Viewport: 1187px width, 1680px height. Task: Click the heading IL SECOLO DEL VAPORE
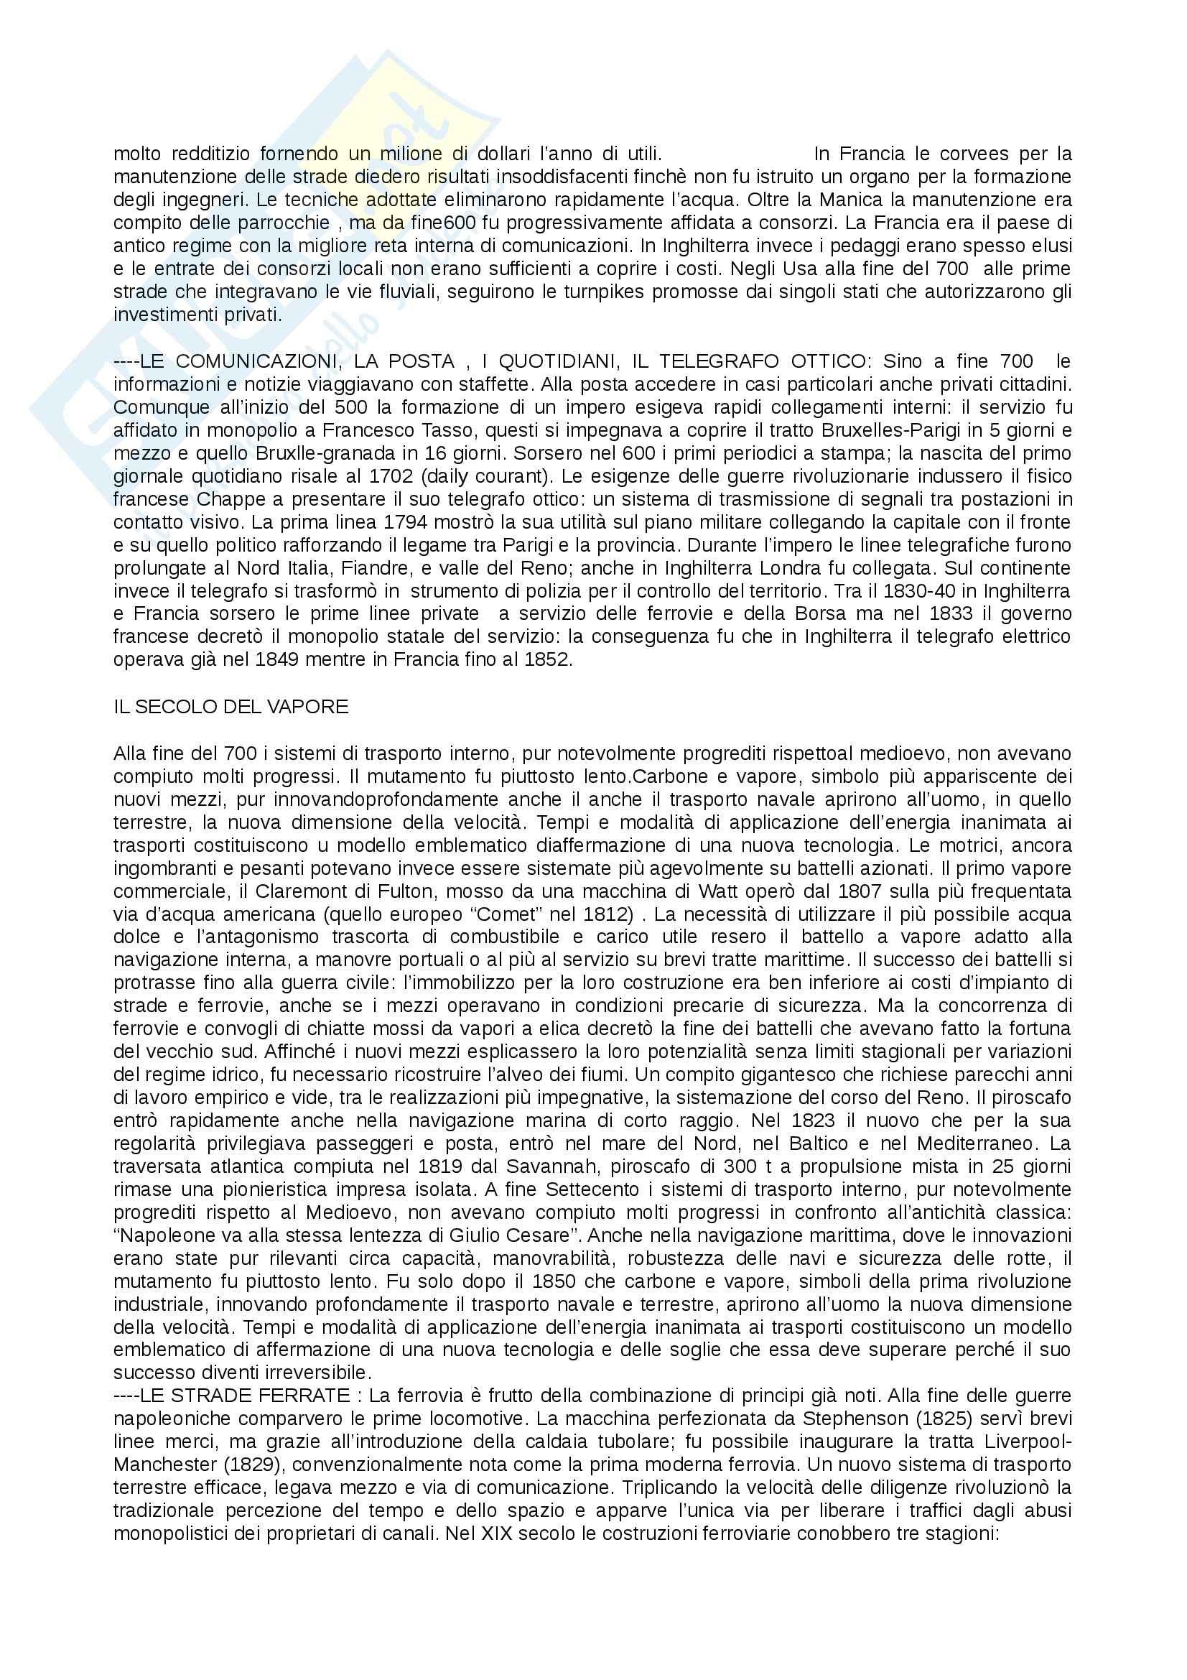[231, 707]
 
